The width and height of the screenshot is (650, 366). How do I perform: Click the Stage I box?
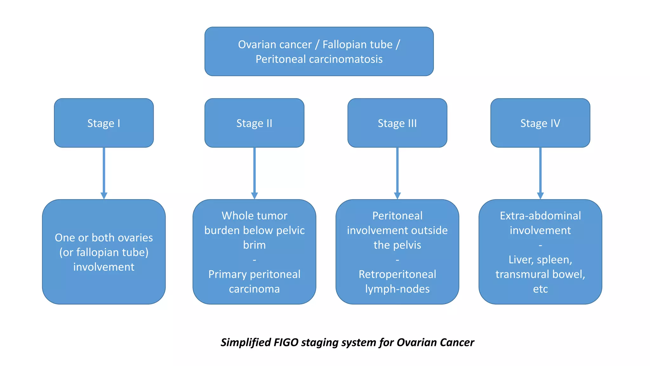click(104, 123)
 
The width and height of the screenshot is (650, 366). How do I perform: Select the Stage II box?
click(254, 123)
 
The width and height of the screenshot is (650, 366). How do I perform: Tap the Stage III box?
click(397, 123)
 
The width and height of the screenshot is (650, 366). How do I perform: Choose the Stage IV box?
click(540, 123)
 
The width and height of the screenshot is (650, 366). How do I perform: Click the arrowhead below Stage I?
click(104, 195)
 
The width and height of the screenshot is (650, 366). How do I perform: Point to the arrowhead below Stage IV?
click(540, 195)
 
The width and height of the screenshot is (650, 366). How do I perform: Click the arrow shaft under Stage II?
click(254, 170)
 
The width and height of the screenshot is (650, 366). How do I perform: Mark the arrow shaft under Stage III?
click(397, 170)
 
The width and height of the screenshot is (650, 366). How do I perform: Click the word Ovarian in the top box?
click(258, 44)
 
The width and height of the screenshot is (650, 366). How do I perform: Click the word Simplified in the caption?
click(245, 342)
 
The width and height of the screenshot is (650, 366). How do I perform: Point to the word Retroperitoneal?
click(397, 274)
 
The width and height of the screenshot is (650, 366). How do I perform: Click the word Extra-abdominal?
click(540, 216)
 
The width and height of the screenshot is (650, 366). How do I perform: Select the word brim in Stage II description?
click(254, 245)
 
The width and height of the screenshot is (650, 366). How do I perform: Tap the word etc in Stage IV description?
click(540, 289)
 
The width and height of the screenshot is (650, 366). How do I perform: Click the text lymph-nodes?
click(397, 289)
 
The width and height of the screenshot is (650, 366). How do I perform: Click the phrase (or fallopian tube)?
click(104, 252)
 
